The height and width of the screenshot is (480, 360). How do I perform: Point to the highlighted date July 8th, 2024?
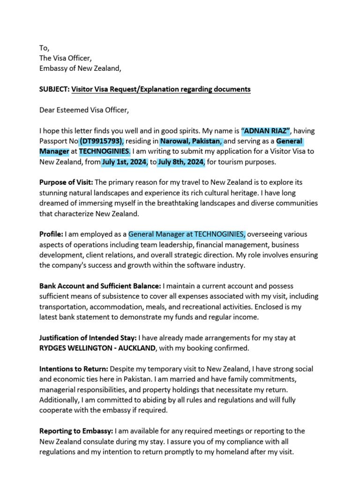click(x=181, y=162)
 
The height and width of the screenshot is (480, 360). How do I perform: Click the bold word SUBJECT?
click(x=54, y=89)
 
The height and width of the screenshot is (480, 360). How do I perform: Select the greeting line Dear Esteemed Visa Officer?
click(x=83, y=110)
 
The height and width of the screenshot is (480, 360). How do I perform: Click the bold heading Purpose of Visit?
click(x=66, y=182)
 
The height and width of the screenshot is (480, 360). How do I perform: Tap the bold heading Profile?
click(x=51, y=234)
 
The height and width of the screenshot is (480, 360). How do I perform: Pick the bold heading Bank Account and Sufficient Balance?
click(x=100, y=286)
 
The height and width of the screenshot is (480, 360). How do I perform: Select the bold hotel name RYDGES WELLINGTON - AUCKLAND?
click(x=97, y=348)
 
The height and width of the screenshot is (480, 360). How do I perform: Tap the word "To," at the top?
click(x=44, y=48)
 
